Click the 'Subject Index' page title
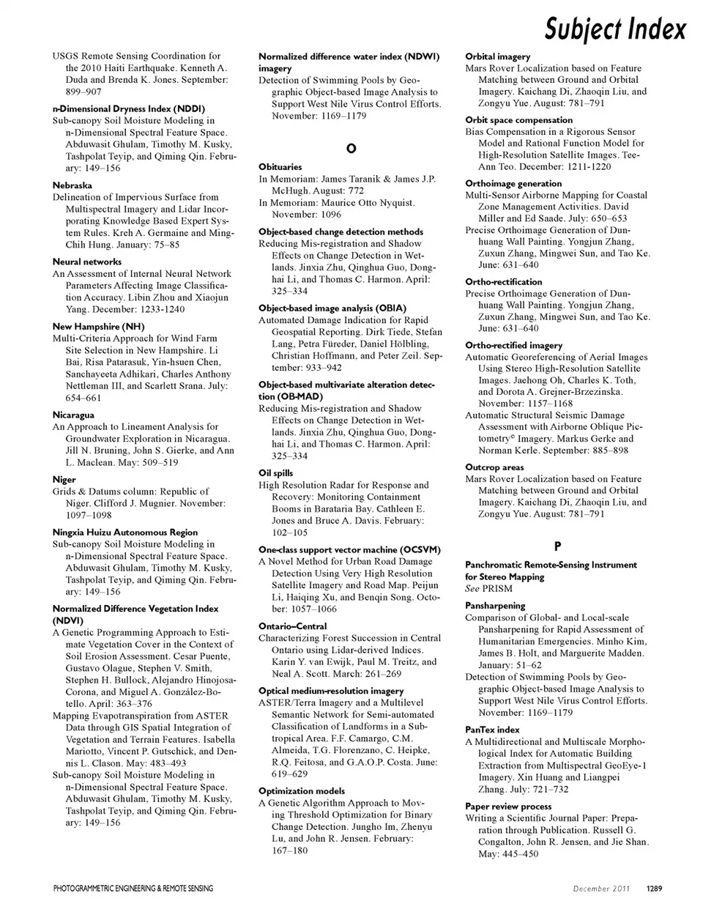[x=615, y=29]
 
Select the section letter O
[x=351, y=148]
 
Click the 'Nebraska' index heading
[x=72, y=185]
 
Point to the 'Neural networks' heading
[x=87, y=262]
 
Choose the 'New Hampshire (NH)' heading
[x=98, y=327]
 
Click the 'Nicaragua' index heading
[x=73, y=415]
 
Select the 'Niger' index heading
[x=64, y=480]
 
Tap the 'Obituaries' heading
[x=280, y=167]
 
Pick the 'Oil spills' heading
[x=275, y=473]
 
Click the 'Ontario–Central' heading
[x=292, y=626]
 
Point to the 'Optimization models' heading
[x=301, y=791]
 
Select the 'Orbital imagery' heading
[x=497, y=56]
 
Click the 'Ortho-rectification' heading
[x=503, y=282]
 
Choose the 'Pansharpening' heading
[x=495, y=606]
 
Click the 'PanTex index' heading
[x=492, y=730]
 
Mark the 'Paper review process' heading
[x=508, y=807]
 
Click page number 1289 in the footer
[x=654, y=889]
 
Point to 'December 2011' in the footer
[x=602, y=889]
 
